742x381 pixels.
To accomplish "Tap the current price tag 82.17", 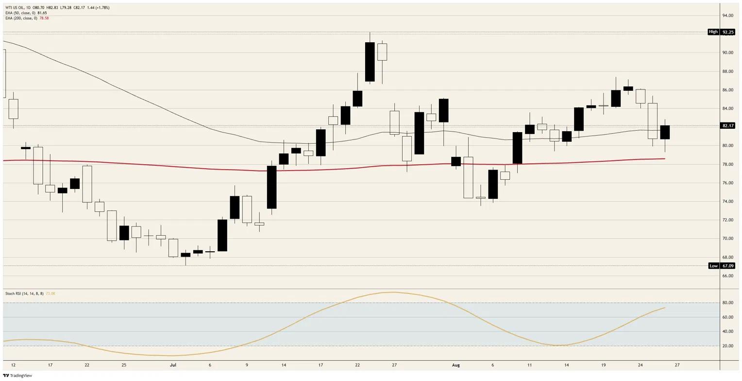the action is click(x=728, y=126).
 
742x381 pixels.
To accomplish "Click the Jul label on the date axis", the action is click(x=173, y=365).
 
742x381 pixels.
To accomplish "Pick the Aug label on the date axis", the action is click(x=456, y=365).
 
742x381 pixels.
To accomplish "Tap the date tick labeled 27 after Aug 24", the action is click(x=677, y=365).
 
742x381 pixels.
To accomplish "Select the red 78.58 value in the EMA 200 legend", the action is click(x=44, y=18).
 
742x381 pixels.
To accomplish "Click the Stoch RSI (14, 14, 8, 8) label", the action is click(x=24, y=294).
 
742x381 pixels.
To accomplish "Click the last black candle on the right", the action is click(x=665, y=132).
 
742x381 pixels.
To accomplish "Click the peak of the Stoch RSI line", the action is click(x=393, y=292).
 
